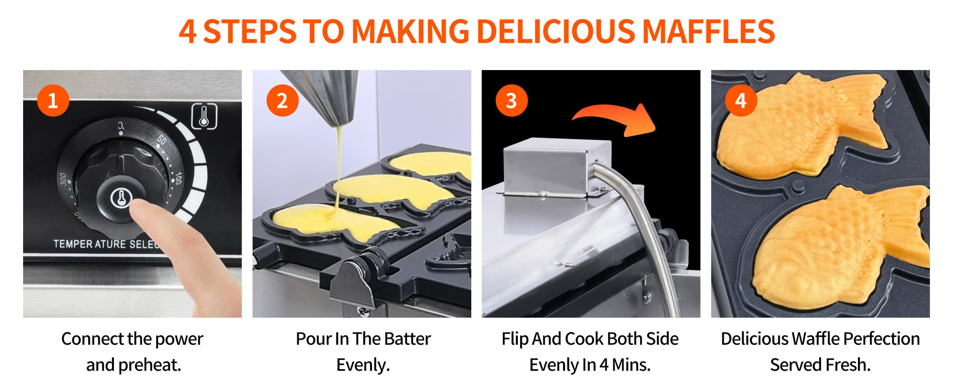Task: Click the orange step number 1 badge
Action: [x=53, y=100]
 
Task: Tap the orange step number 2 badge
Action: [x=283, y=100]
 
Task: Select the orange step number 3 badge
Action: [x=511, y=100]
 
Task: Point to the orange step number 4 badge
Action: [x=741, y=100]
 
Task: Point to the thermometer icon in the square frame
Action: [x=204, y=117]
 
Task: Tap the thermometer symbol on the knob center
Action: [x=121, y=198]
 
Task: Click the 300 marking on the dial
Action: [x=63, y=179]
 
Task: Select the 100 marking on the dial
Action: [x=178, y=178]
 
